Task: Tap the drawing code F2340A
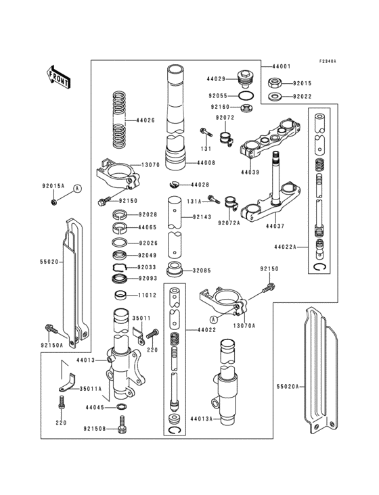(328, 61)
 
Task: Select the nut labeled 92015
(275, 84)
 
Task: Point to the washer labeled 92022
(275, 97)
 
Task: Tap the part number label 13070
(150, 164)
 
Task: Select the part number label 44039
(249, 172)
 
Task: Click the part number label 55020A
(285, 387)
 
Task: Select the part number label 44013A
(201, 419)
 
